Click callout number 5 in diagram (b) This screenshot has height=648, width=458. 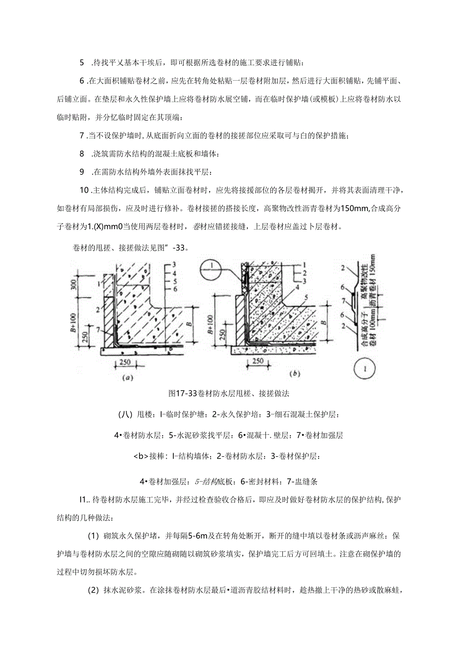[x=302, y=297]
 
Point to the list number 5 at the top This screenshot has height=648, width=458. [x=82, y=63]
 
